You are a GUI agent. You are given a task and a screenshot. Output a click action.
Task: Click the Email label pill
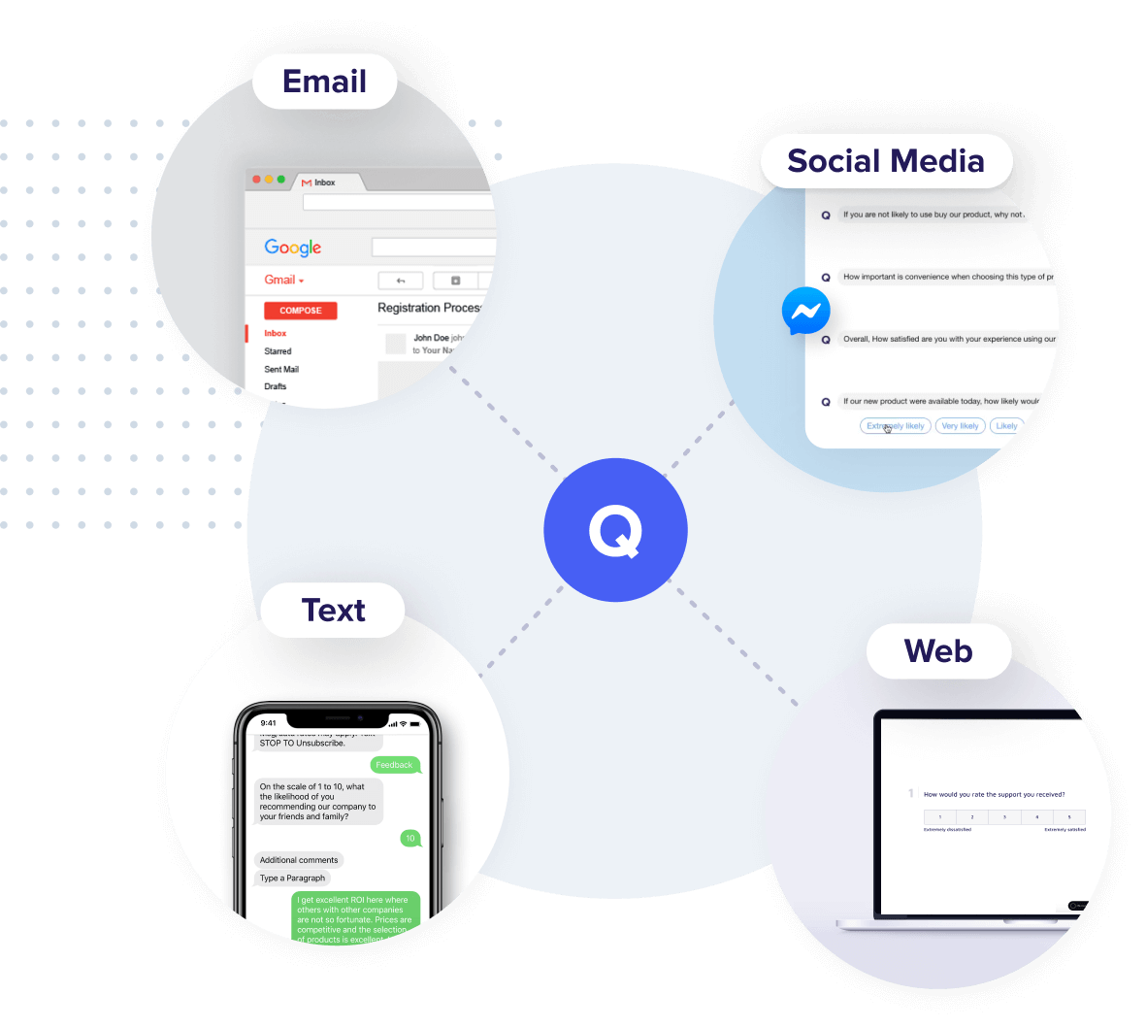coord(324,82)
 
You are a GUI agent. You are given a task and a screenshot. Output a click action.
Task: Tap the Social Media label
coord(885,161)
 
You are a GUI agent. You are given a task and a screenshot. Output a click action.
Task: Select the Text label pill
coord(333,611)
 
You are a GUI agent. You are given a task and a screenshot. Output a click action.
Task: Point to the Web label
coord(937,651)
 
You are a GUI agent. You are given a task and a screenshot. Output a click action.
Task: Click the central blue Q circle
coord(615,530)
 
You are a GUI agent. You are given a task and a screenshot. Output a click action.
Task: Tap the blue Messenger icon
coord(805,312)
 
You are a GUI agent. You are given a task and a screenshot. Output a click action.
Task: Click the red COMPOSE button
coord(301,311)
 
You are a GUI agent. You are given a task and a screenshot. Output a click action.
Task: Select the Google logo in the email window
coord(292,248)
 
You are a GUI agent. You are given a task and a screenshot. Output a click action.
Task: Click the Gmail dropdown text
coord(283,280)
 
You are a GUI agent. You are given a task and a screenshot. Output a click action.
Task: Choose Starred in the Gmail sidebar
coord(278,351)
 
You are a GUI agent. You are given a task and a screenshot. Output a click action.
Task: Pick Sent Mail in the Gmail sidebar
coord(281,369)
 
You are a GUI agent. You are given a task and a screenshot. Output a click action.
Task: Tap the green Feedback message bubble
coord(394,765)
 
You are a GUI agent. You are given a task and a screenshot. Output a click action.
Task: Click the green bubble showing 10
coord(410,838)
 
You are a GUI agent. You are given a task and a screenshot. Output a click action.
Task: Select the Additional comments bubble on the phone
coord(299,860)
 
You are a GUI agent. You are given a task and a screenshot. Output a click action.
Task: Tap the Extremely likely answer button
coord(895,426)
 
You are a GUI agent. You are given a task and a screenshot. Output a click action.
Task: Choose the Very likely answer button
coord(960,426)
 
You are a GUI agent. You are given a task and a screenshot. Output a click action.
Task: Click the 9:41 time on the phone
coord(269,723)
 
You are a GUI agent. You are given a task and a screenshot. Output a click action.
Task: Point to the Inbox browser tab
coord(324,182)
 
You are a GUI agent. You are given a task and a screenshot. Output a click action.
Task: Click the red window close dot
coord(257,180)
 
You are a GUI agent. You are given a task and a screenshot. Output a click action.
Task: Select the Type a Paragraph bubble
coord(292,879)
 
